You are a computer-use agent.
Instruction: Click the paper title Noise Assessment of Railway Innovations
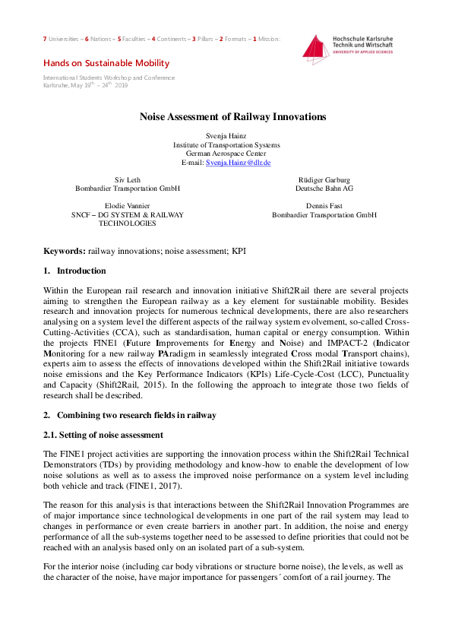[232, 117]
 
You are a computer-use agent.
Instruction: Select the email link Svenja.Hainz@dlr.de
[239, 163]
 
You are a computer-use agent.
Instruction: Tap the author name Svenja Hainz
[226, 135]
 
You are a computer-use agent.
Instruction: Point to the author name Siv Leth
[127, 179]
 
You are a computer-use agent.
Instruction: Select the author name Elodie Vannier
[127, 205]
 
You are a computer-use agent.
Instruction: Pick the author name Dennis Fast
[324, 205]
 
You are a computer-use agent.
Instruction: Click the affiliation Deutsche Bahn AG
[324, 189]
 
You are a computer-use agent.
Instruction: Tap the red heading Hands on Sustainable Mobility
[106, 63]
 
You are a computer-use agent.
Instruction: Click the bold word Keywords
[64, 250]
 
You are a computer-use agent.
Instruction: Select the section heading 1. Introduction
[74, 271]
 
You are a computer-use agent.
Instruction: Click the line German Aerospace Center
[226, 154]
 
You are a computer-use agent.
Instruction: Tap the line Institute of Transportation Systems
[226, 144]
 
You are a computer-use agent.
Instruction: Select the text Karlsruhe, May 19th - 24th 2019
[86, 85]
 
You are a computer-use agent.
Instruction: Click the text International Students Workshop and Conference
[109, 78]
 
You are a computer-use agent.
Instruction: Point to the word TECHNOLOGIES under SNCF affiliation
[127, 223]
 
